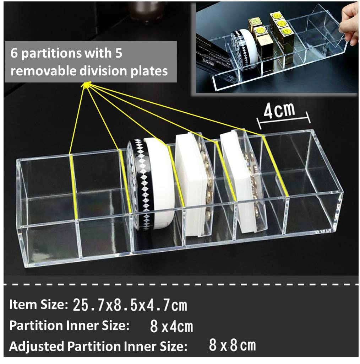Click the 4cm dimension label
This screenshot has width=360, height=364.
[x=279, y=111]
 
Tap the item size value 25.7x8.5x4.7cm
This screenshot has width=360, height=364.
[x=130, y=305]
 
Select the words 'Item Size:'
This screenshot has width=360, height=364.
[x=38, y=305]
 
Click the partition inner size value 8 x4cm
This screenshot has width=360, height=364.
[x=171, y=326]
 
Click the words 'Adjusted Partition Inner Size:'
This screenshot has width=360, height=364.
[x=98, y=346]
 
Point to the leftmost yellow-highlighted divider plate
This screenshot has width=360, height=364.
[x=73, y=187]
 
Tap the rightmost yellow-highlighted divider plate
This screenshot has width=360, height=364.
[x=275, y=165]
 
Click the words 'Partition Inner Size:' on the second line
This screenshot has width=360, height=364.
[x=69, y=326]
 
